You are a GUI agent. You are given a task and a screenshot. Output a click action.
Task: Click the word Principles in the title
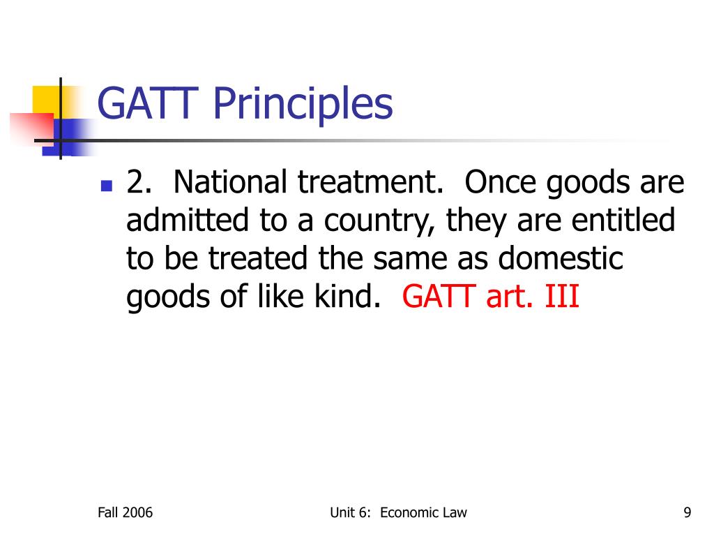coord(303,105)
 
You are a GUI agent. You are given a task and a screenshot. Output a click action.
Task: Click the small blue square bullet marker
coord(106,186)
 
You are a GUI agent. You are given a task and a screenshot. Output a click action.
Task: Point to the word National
coord(230,183)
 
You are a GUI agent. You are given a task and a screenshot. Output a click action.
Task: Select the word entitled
coord(623,221)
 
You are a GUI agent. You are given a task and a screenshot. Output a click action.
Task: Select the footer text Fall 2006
coord(125,513)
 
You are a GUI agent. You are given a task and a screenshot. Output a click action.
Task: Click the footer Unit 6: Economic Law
coord(398,513)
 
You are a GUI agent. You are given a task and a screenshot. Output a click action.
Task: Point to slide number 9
coord(688,513)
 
